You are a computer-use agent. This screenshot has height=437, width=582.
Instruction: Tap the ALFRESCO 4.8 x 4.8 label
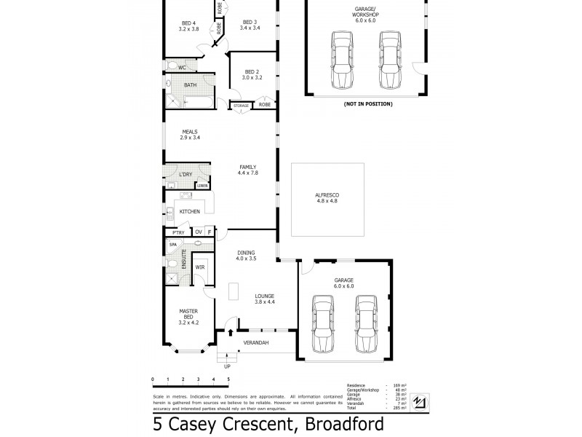coord(327,199)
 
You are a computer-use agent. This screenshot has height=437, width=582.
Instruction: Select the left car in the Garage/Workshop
coord(341,60)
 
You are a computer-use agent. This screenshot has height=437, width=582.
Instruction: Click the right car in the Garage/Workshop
coord(389,60)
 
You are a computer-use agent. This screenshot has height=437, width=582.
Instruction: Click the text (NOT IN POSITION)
coord(368,104)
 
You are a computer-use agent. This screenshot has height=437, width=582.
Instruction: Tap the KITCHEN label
coord(190,211)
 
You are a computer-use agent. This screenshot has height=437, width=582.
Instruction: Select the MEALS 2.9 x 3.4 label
coord(190,135)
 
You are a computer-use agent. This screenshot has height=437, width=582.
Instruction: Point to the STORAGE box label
coord(242,106)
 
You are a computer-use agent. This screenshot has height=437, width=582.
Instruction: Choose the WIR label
coord(199,267)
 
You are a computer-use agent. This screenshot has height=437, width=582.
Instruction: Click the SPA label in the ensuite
coord(173,245)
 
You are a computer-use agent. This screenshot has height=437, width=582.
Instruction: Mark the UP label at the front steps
coord(226,367)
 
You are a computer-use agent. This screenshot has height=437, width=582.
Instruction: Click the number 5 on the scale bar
coord(228,379)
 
